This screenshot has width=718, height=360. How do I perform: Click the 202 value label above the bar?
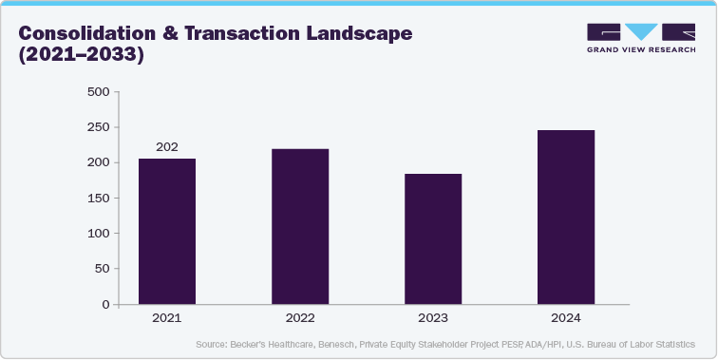[x=167, y=146]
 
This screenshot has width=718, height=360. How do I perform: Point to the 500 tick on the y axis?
[x=98, y=92]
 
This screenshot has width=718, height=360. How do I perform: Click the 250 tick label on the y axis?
[x=98, y=127]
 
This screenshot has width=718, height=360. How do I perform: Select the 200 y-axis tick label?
[x=98, y=162]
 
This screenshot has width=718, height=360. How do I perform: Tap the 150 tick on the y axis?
[x=98, y=198]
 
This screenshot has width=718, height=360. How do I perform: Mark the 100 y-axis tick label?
[x=98, y=233]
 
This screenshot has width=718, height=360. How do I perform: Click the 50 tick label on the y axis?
[x=101, y=269]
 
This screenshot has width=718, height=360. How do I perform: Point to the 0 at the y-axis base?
[x=104, y=304]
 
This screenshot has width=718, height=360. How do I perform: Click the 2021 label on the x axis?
[x=167, y=318]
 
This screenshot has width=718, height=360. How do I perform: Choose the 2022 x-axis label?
[x=300, y=318]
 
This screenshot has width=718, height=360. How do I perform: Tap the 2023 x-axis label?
[x=433, y=318]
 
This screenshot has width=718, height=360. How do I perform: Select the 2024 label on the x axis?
[x=566, y=318]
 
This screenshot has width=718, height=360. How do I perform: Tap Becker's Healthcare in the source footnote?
[x=271, y=344]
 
